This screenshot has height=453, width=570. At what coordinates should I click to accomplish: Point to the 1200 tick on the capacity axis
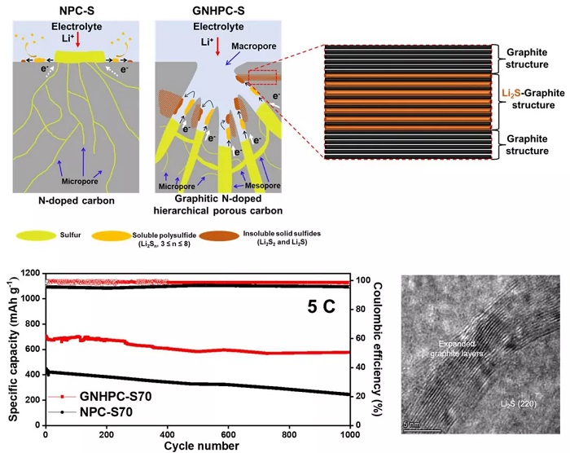[x=28, y=274]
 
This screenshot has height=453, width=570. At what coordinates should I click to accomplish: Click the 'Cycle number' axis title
[x=196, y=446]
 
